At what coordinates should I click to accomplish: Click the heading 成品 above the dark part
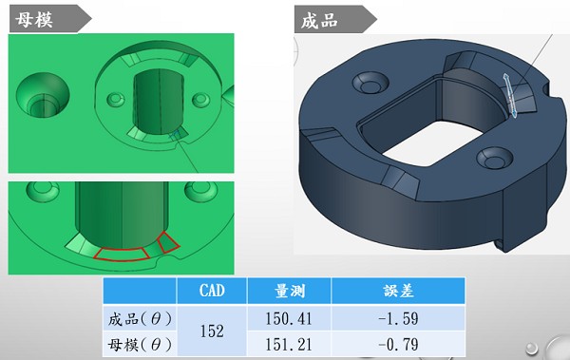tap(320, 19)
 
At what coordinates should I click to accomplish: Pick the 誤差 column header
tap(396, 291)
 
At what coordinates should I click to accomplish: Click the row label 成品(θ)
tap(140, 317)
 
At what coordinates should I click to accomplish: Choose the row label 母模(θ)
tap(140, 343)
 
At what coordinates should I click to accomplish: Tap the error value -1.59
tap(396, 317)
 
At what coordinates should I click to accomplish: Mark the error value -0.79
tap(396, 343)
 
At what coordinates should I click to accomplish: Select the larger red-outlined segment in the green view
tap(123, 250)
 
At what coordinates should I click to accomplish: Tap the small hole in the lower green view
tap(40, 195)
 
